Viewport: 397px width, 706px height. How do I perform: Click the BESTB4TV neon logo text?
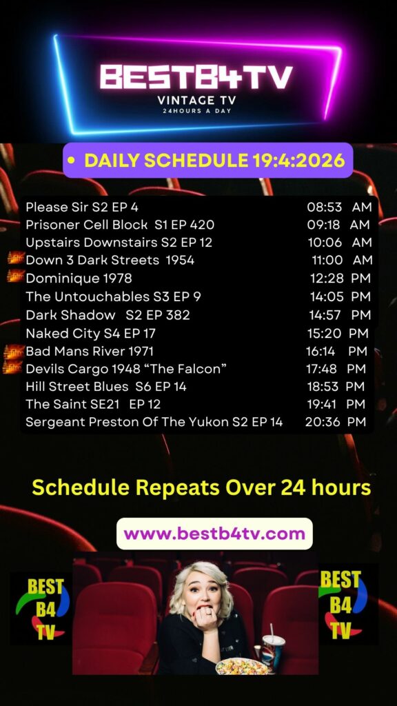point(196,77)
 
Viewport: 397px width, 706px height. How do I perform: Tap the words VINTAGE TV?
point(196,100)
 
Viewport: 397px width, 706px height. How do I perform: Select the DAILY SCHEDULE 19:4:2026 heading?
point(215,160)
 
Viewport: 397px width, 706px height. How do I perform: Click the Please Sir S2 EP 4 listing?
point(82,207)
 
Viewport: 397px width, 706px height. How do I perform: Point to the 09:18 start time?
point(323,225)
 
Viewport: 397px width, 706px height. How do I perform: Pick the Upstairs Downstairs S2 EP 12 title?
point(119,242)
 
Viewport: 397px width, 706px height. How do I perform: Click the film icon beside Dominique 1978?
point(15,276)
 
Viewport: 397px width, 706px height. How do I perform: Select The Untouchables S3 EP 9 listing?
point(114,296)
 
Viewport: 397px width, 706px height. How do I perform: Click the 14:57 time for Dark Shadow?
point(325,314)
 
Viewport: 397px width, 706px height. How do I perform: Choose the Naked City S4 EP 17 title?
point(90,333)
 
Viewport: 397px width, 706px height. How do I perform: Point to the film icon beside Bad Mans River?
point(14,351)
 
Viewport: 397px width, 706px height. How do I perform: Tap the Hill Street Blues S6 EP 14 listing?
point(105,386)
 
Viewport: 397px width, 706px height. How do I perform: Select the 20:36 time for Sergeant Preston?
point(322,422)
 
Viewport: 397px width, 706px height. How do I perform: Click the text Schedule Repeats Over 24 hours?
point(202,487)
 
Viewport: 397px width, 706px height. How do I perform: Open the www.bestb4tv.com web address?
point(214,534)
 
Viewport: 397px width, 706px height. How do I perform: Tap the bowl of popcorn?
point(241,666)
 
